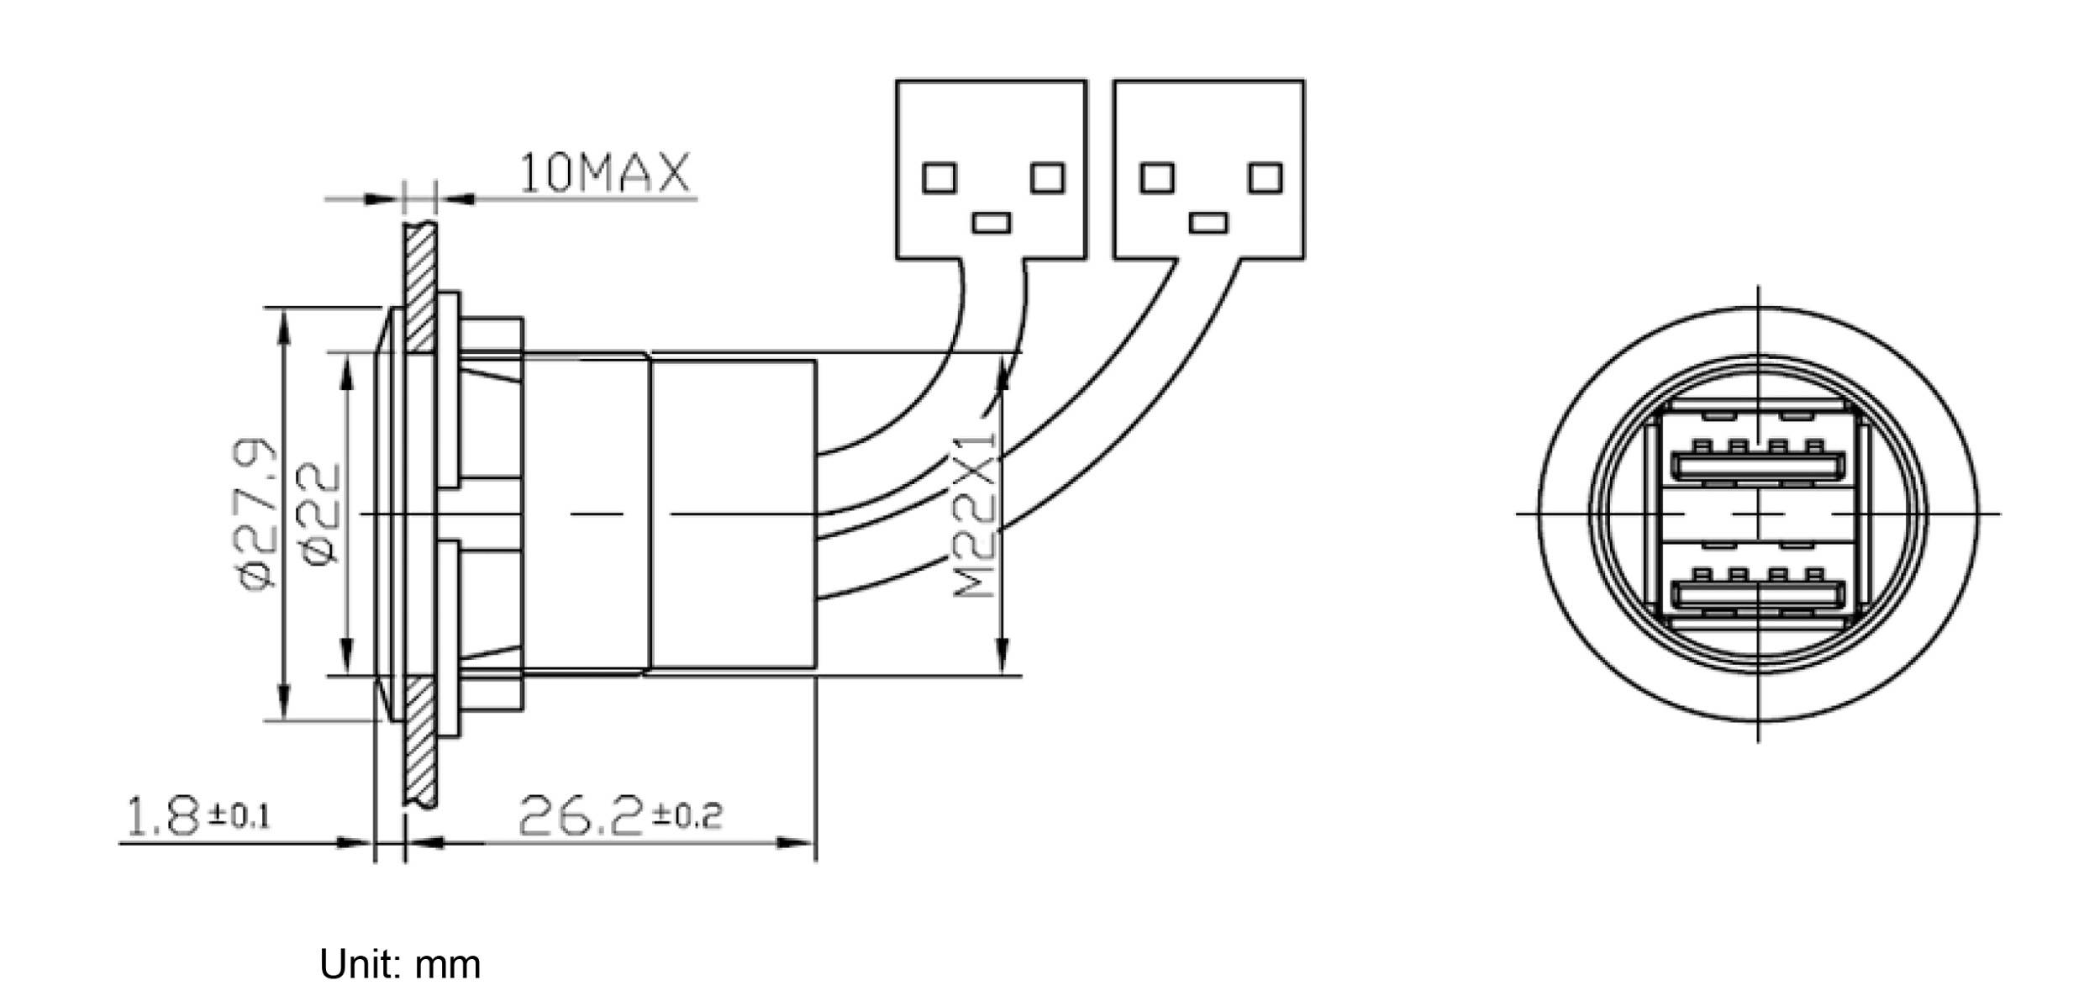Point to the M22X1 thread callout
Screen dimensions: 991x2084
click(x=975, y=514)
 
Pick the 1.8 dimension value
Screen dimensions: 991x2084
click(x=162, y=818)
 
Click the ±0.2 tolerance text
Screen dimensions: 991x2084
click(x=687, y=814)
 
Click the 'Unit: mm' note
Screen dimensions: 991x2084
click(x=400, y=964)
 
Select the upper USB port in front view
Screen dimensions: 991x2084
click(x=1758, y=465)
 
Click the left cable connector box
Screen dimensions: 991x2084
click(x=991, y=169)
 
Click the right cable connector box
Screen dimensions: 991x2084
click(x=1209, y=169)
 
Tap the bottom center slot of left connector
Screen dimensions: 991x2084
click(x=992, y=223)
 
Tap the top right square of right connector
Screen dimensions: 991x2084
click(x=1266, y=178)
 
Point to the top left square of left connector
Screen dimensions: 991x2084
click(x=939, y=178)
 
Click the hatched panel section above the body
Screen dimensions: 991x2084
click(x=419, y=286)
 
